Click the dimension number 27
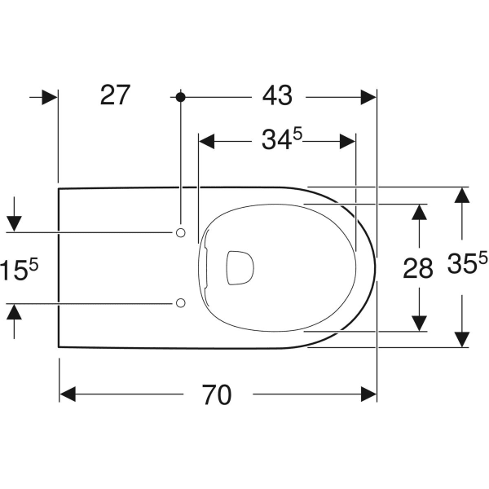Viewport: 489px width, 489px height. (115, 95)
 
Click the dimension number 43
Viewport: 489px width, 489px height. (277, 95)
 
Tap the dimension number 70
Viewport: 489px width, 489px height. (218, 395)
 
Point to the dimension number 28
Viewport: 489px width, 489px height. (418, 268)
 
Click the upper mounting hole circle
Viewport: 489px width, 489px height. (180, 233)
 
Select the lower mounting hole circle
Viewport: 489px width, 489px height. (180, 303)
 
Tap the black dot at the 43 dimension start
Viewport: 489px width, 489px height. (180, 97)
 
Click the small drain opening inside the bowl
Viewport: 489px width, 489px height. (238, 268)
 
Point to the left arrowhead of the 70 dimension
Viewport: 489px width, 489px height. (68, 394)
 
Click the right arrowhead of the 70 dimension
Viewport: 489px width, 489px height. (368, 394)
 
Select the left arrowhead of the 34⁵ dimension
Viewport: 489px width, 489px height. (207, 141)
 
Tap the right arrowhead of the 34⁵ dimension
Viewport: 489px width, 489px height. (348, 141)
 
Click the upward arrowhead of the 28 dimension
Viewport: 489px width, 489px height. (419, 212)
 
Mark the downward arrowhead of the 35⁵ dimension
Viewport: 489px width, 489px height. (462, 339)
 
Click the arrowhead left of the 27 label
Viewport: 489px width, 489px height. (50, 97)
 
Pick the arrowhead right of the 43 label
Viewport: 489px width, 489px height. (368, 97)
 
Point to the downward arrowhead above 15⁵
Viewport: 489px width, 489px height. (14, 223)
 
